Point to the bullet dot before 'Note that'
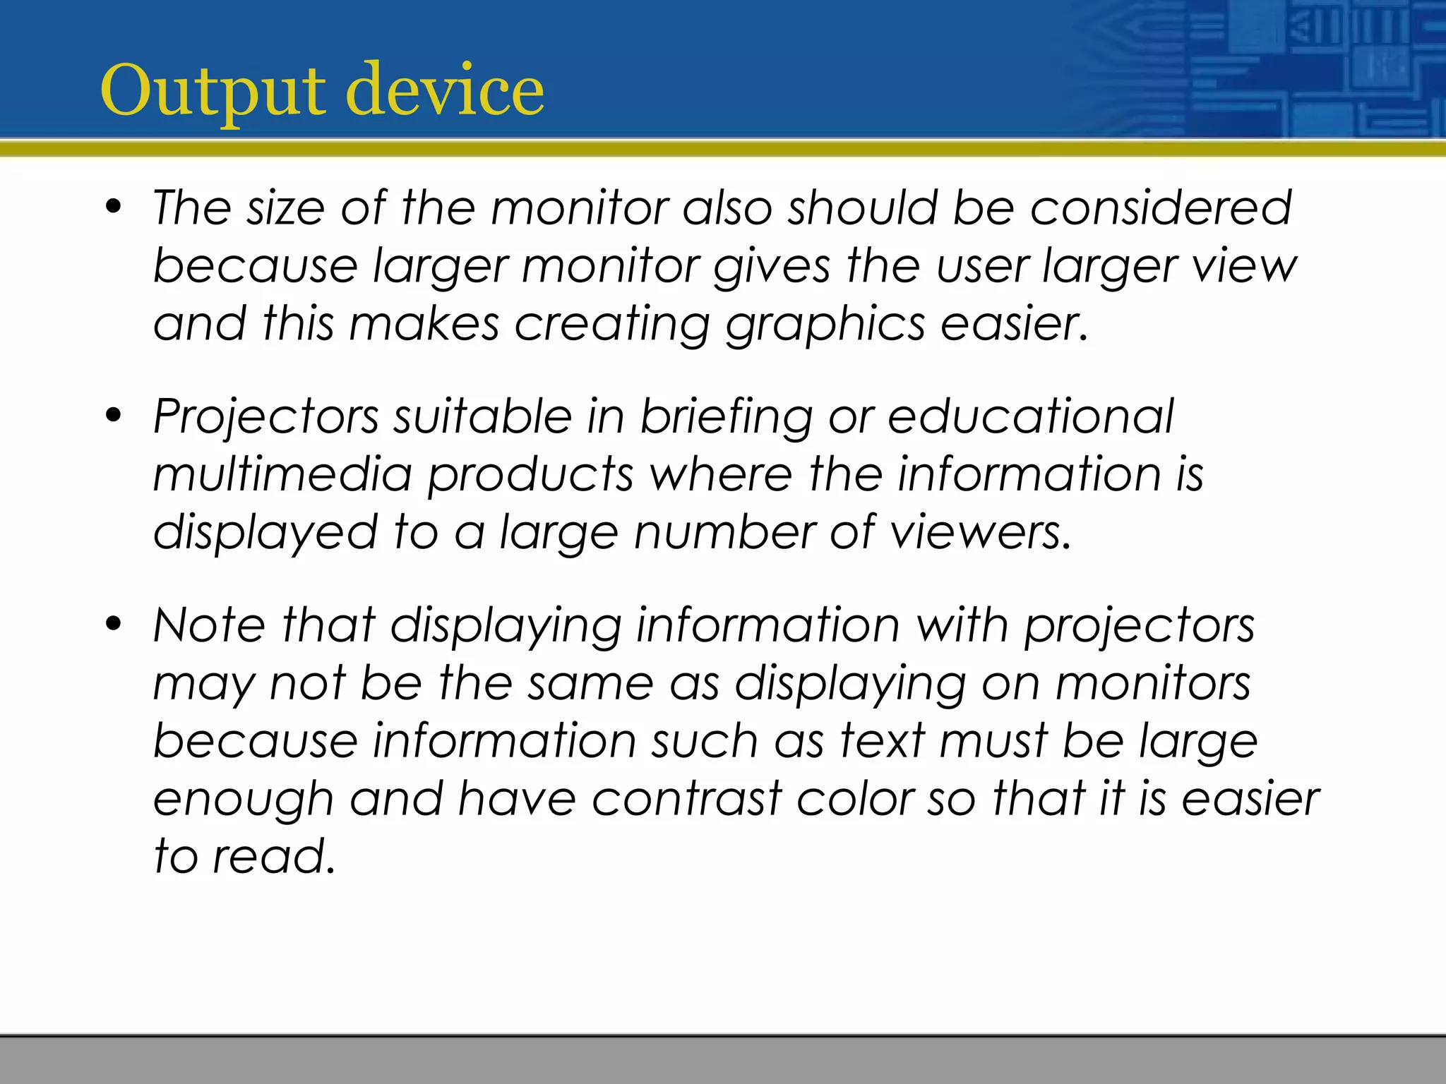tap(113, 625)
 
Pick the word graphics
tap(825, 325)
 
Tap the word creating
tap(611, 325)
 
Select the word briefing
tap(727, 416)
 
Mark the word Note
tap(209, 625)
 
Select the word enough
tap(243, 800)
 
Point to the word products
tap(530, 475)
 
